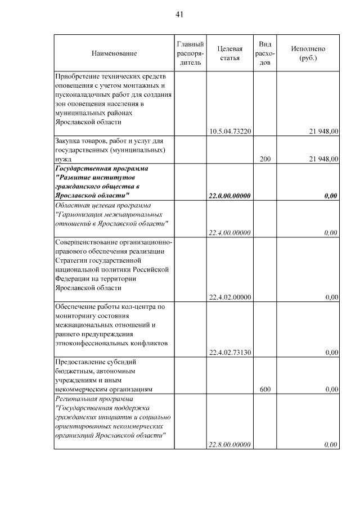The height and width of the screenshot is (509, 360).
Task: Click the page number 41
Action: tap(179, 15)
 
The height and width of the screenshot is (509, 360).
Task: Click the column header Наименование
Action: tap(114, 53)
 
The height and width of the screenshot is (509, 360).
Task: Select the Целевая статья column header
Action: tap(229, 53)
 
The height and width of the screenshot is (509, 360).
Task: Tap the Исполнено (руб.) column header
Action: tap(308, 53)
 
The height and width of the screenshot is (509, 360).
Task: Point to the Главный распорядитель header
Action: tap(190, 53)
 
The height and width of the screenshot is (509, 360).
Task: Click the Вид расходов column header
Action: tap(265, 53)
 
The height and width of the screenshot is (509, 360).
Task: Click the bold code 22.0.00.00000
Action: tap(229, 196)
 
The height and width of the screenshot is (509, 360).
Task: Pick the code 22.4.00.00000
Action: tap(229, 232)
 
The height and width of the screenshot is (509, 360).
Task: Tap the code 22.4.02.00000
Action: tap(229, 297)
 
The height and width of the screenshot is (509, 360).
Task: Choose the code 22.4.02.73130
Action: tap(229, 353)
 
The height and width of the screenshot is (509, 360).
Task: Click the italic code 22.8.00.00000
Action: tap(229, 445)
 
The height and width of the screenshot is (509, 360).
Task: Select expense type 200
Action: tap(265, 159)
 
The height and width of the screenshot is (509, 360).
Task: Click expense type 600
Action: tap(265, 389)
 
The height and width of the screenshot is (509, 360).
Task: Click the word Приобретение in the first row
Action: tap(77, 75)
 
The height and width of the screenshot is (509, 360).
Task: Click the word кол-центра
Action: tap(137, 307)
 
